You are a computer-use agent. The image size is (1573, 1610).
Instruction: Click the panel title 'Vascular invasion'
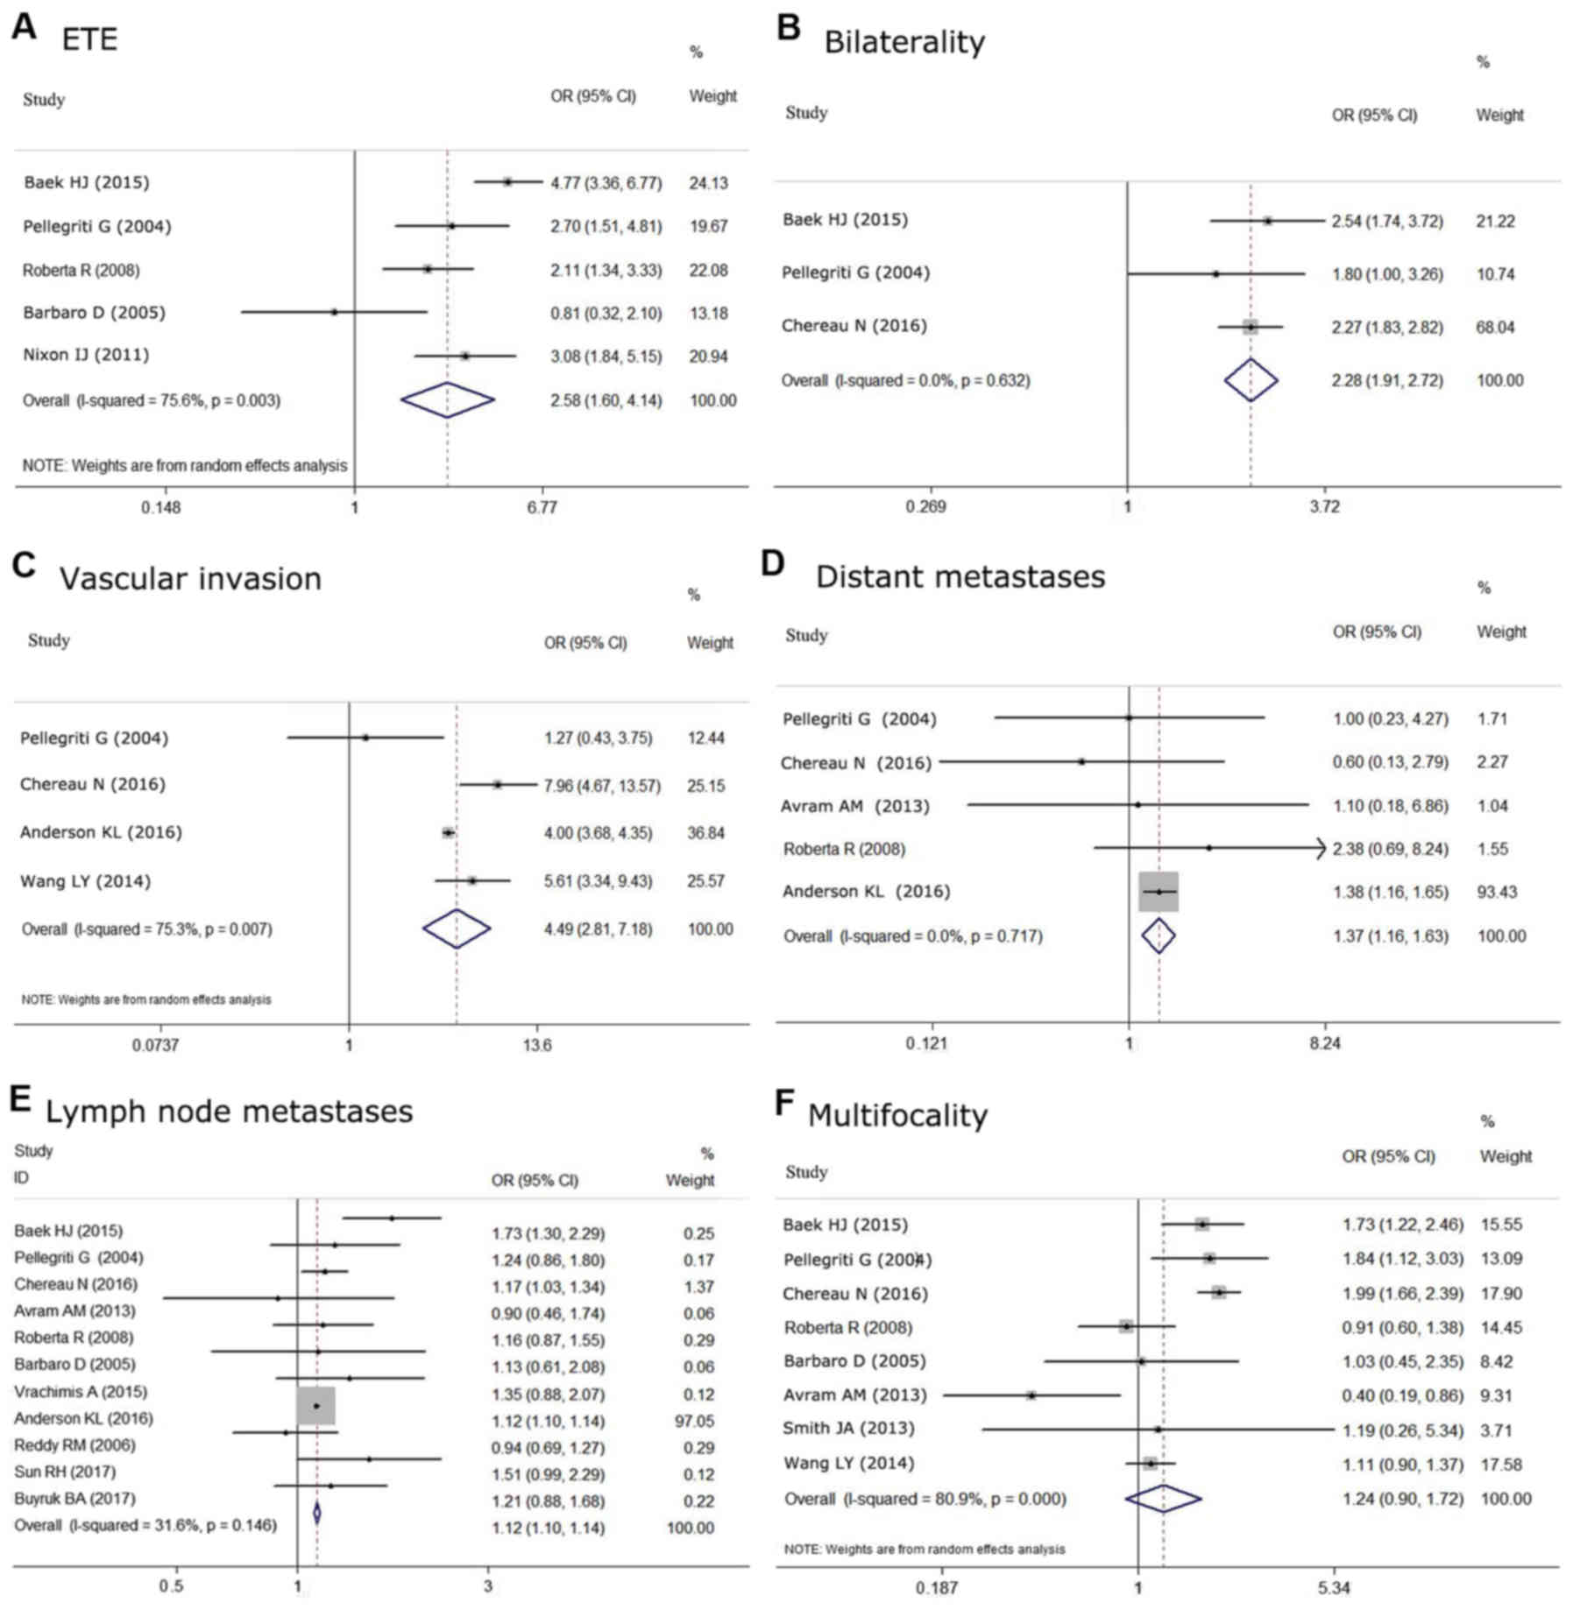tap(190, 579)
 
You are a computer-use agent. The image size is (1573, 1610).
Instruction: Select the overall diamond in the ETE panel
tap(447, 400)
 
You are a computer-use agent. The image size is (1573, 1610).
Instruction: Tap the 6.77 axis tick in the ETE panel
tap(542, 507)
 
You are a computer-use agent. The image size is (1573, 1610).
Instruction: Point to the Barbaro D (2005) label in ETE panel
tap(94, 313)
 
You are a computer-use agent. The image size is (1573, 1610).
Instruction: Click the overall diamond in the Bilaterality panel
tap(1251, 380)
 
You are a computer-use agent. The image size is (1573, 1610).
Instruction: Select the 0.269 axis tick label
tap(925, 506)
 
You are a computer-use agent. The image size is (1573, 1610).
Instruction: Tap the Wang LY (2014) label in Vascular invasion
tap(85, 881)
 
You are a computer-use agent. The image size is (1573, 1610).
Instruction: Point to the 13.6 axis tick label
tap(536, 1045)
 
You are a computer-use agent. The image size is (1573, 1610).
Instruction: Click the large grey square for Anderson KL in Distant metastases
tap(1158, 892)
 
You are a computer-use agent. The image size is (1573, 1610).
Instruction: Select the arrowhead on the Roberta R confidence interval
tap(1321, 848)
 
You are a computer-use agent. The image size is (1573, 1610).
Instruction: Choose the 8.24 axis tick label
tap(1324, 1043)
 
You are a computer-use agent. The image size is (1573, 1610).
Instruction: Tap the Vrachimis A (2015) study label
tap(81, 1392)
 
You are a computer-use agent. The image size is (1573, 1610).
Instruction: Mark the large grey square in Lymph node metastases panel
tap(316, 1406)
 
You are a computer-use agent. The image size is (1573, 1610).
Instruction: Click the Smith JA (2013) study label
tap(848, 1429)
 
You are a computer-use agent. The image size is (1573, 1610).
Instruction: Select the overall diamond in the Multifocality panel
tap(1163, 1499)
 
